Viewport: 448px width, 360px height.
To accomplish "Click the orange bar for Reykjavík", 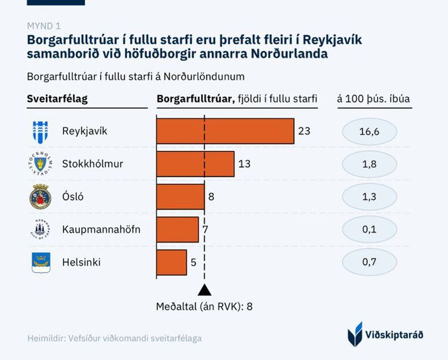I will click(x=225, y=131).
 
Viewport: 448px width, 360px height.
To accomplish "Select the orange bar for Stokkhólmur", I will click(x=195, y=164).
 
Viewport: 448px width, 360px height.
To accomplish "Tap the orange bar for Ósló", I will click(x=180, y=197).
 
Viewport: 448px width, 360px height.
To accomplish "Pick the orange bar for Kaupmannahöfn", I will click(x=177, y=229).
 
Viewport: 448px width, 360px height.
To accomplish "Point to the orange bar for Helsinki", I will click(x=172, y=262).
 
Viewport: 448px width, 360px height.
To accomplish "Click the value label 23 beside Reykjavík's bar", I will click(x=305, y=131).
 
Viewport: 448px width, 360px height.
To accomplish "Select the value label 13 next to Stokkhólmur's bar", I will click(x=244, y=164).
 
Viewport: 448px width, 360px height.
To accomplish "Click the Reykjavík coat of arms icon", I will click(x=40, y=131).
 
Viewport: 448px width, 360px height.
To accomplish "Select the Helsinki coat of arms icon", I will click(x=40, y=262).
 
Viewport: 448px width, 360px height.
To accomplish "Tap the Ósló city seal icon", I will click(x=40, y=197).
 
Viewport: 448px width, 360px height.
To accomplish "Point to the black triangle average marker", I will click(x=204, y=290).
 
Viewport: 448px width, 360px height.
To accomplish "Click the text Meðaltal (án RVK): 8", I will click(x=204, y=307).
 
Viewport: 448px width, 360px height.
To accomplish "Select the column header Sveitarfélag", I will click(x=57, y=99).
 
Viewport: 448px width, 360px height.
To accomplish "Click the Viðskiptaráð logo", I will click(x=385, y=334).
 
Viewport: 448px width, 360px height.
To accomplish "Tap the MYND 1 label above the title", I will click(x=44, y=26).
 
